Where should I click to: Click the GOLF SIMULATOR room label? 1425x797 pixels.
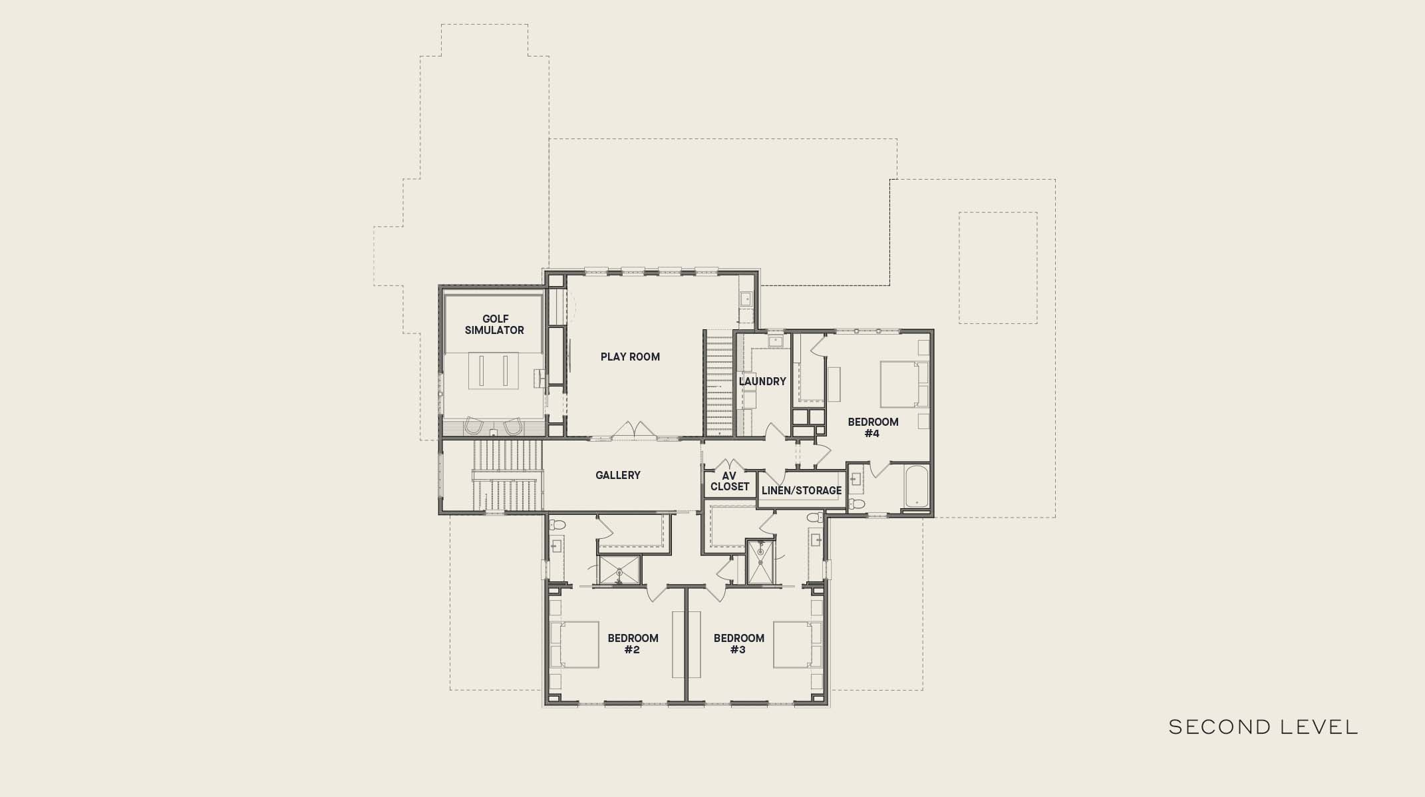(x=494, y=325)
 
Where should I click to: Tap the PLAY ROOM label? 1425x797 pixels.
(x=630, y=357)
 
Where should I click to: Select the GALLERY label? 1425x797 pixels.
(x=618, y=475)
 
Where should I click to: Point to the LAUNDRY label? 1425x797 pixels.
(x=762, y=381)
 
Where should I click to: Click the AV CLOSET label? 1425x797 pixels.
(x=730, y=481)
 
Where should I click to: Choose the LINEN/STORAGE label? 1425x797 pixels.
(x=802, y=490)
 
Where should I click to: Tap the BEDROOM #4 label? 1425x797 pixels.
(x=873, y=428)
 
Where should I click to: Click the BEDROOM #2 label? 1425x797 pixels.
(x=633, y=644)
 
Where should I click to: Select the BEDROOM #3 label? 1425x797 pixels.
(x=738, y=644)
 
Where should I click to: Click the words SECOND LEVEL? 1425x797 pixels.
(x=1263, y=727)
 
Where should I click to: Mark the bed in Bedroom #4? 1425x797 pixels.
(x=904, y=384)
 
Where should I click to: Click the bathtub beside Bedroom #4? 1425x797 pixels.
(x=916, y=486)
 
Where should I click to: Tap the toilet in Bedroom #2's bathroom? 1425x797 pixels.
(x=557, y=524)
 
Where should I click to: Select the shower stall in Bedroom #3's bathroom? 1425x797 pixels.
(x=760, y=562)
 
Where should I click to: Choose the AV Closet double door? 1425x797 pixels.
(x=730, y=464)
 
